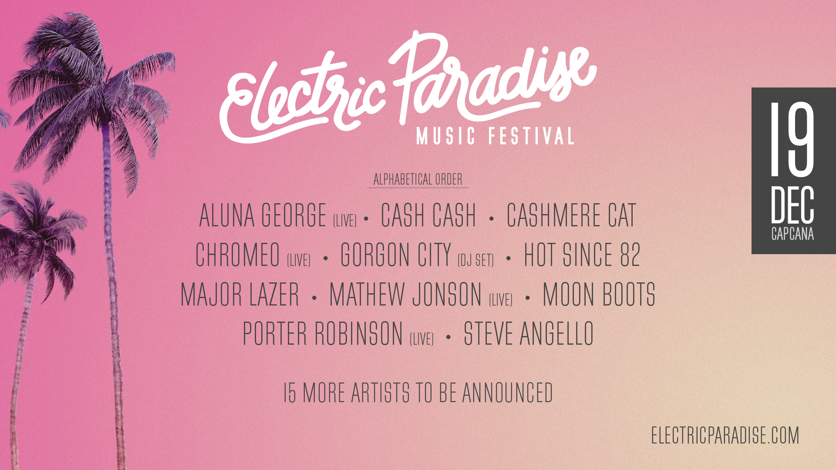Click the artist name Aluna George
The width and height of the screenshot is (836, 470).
pyautogui.click(x=263, y=215)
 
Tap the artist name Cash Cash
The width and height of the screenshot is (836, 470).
pyautogui.click(x=428, y=215)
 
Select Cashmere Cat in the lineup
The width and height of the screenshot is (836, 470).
pyautogui.click(x=571, y=215)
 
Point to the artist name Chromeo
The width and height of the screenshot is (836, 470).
pyautogui.click(x=237, y=255)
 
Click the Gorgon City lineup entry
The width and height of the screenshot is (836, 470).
pyautogui.click(x=395, y=255)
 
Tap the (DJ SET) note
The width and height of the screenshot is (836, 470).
pyautogui.click(x=475, y=260)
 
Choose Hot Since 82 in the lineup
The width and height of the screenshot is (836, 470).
pyautogui.click(x=582, y=255)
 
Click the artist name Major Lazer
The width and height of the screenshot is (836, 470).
pyautogui.click(x=240, y=295)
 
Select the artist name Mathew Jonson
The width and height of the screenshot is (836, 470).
pyautogui.click(x=405, y=295)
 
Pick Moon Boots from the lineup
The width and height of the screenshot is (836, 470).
pyautogui.click(x=599, y=295)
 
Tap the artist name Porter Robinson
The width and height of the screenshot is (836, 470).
pyautogui.click(x=323, y=334)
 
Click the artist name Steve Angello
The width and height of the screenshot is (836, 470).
pyautogui.click(x=529, y=334)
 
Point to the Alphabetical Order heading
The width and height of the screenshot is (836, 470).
pyautogui.click(x=418, y=179)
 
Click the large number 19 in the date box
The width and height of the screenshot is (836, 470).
pyautogui.click(x=792, y=140)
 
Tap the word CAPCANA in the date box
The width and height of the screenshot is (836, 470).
pyautogui.click(x=792, y=234)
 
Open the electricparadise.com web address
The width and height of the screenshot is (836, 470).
pyautogui.click(x=725, y=436)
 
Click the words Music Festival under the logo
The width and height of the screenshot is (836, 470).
pyautogui.click(x=496, y=136)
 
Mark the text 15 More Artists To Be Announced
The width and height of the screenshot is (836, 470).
pyautogui.click(x=418, y=393)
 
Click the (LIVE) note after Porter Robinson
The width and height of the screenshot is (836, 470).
pyautogui.click(x=421, y=339)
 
